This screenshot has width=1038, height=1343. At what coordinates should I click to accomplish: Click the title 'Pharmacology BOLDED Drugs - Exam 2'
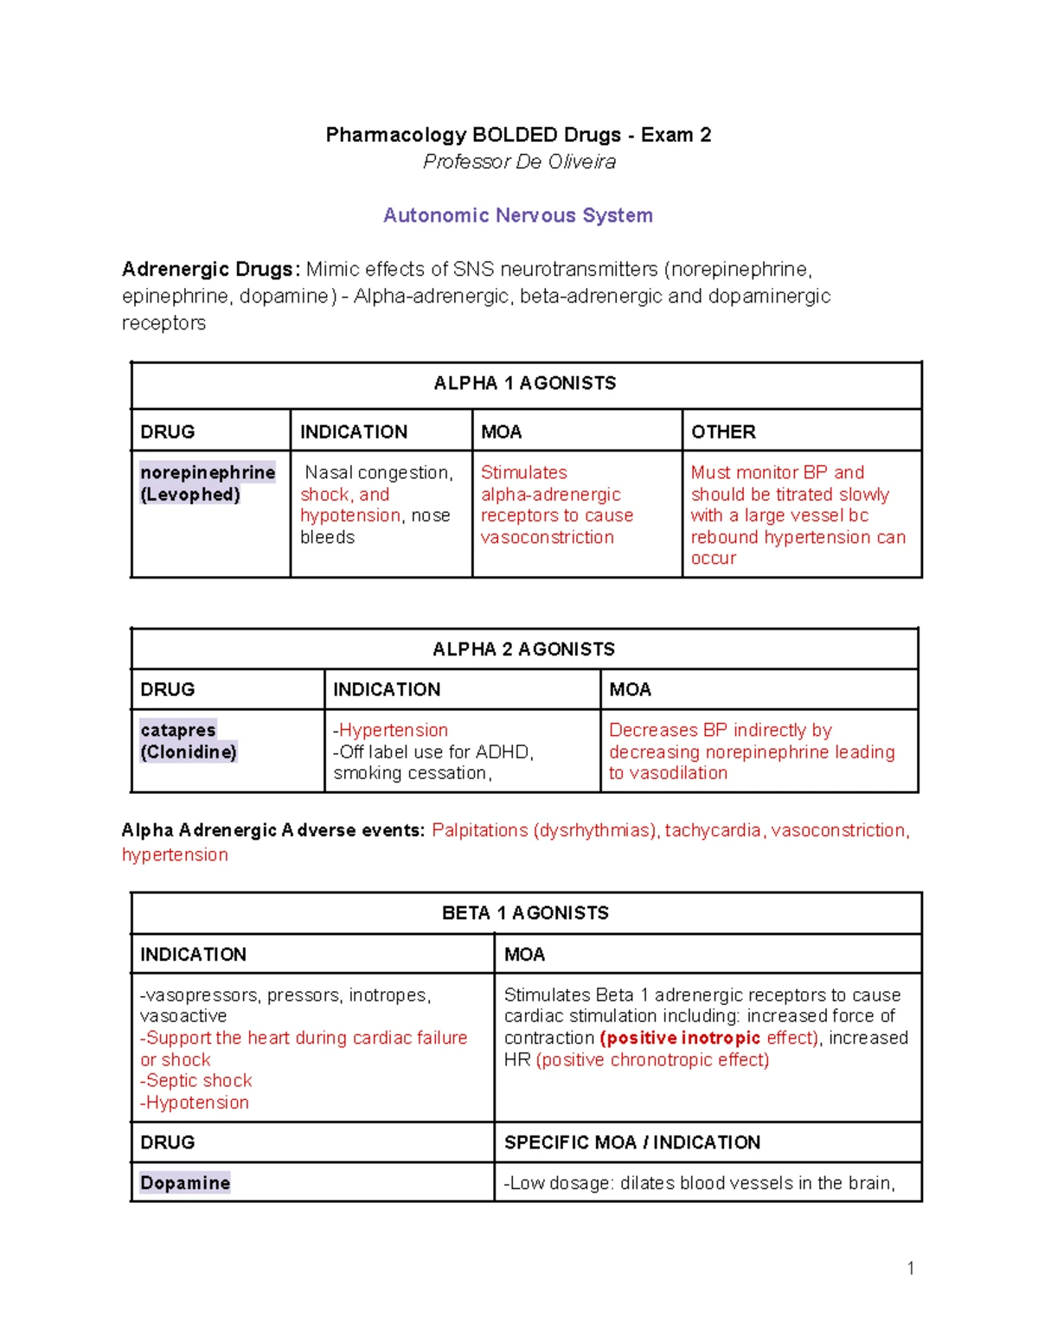coord(518,135)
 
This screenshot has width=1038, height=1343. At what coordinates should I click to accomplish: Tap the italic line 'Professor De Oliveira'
coord(519,162)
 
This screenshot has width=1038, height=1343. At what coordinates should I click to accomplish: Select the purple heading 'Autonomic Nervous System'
coord(517,215)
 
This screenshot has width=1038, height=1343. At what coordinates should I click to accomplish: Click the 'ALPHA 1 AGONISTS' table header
coord(524,383)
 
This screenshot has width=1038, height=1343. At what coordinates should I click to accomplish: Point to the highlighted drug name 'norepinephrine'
coord(208,472)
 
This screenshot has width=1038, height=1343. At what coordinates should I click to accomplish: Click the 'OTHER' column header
coord(723,432)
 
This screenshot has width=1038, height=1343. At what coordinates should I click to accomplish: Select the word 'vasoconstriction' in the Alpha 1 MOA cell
coord(547,537)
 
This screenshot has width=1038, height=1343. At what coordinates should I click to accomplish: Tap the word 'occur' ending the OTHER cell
coord(713,558)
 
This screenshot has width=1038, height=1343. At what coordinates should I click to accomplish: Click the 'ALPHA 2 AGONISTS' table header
coord(523,649)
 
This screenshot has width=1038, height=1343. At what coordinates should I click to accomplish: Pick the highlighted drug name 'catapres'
coord(178,730)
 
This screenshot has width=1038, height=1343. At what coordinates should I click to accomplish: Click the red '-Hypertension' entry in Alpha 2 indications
coord(391,730)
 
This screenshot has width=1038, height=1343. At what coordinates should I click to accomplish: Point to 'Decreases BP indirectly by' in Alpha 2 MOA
coord(720,730)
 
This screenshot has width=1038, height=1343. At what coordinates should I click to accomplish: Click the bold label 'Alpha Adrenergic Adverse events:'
coord(273,830)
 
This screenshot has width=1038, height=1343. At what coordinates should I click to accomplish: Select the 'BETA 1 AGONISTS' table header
coord(525,913)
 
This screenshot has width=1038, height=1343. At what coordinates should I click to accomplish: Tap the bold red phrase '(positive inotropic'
coord(680,1038)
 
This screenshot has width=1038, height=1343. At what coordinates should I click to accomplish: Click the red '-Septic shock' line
coord(197,1081)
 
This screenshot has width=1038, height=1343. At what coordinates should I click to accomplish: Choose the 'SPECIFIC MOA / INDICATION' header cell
coord(631,1142)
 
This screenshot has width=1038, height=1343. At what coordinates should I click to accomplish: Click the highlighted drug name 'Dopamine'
coord(185,1183)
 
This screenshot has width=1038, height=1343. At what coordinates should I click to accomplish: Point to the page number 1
coord(910,1268)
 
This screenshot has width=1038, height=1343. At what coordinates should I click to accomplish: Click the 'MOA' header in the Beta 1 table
coord(524,955)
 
